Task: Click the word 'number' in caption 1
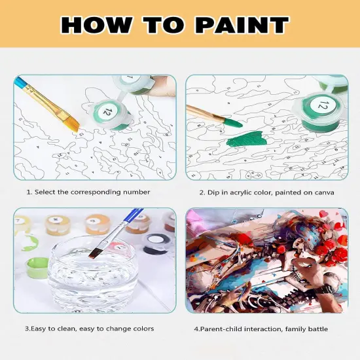coord(136,192)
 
